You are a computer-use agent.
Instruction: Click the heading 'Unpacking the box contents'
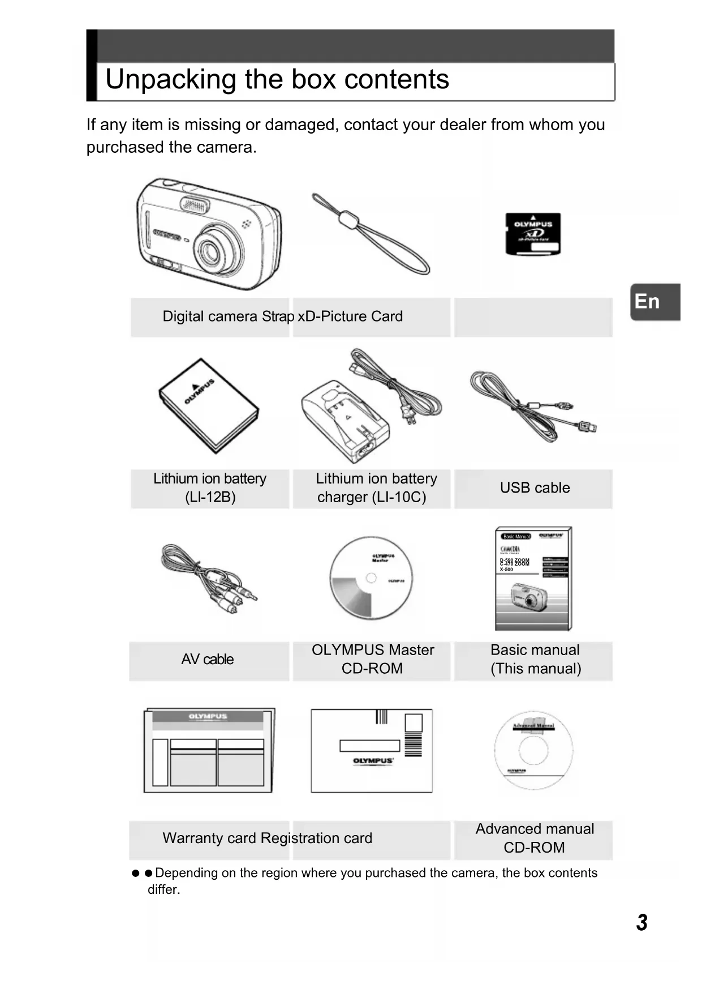[x=277, y=79]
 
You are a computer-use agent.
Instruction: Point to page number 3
[x=641, y=922]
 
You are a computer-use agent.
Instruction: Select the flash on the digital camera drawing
[x=195, y=206]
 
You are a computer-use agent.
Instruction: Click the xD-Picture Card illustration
[x=533, y=234]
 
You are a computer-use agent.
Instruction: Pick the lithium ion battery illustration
[x=208, y=405]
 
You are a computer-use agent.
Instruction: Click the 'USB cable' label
[x=535, y=488]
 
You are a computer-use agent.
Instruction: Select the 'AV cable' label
[x=208, y=660]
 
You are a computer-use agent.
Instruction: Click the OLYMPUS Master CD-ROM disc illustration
[x=371, y=578]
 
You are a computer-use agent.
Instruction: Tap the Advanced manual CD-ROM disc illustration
[x=533, y=751]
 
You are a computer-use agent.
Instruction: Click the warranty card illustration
[x=209, y=750]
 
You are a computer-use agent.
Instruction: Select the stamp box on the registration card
[x=414, y=722]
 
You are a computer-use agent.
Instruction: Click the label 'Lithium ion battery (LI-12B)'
[x=210, y=488]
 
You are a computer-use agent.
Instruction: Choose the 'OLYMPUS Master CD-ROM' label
[x=372, y=660]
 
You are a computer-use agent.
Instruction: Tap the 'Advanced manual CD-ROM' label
[x=535, y=838]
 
